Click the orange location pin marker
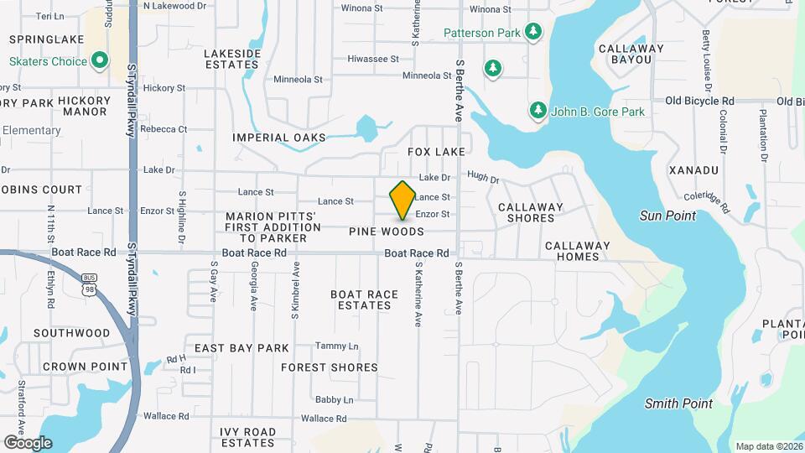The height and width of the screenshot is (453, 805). pos(402,200)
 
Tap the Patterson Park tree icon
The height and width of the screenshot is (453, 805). pos(532,33)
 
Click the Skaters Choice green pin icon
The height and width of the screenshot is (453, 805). pos(100,60)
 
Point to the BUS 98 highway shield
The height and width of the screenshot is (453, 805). pos(89,282)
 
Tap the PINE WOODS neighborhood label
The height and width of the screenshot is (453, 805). pos(387,232)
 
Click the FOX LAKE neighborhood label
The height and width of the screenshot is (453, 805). pos(436,152)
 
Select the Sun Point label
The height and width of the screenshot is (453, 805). pos(667,216)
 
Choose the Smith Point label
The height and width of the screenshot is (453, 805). pos(678,404)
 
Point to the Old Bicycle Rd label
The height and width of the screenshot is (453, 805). pos(699,101)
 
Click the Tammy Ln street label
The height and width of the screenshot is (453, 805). pos(336,346)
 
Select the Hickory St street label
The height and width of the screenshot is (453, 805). pos(164,87)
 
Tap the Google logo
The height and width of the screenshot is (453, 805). pos(28,442)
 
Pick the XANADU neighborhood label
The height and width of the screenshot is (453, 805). pos(694,170)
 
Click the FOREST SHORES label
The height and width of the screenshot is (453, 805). pos(330,367)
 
